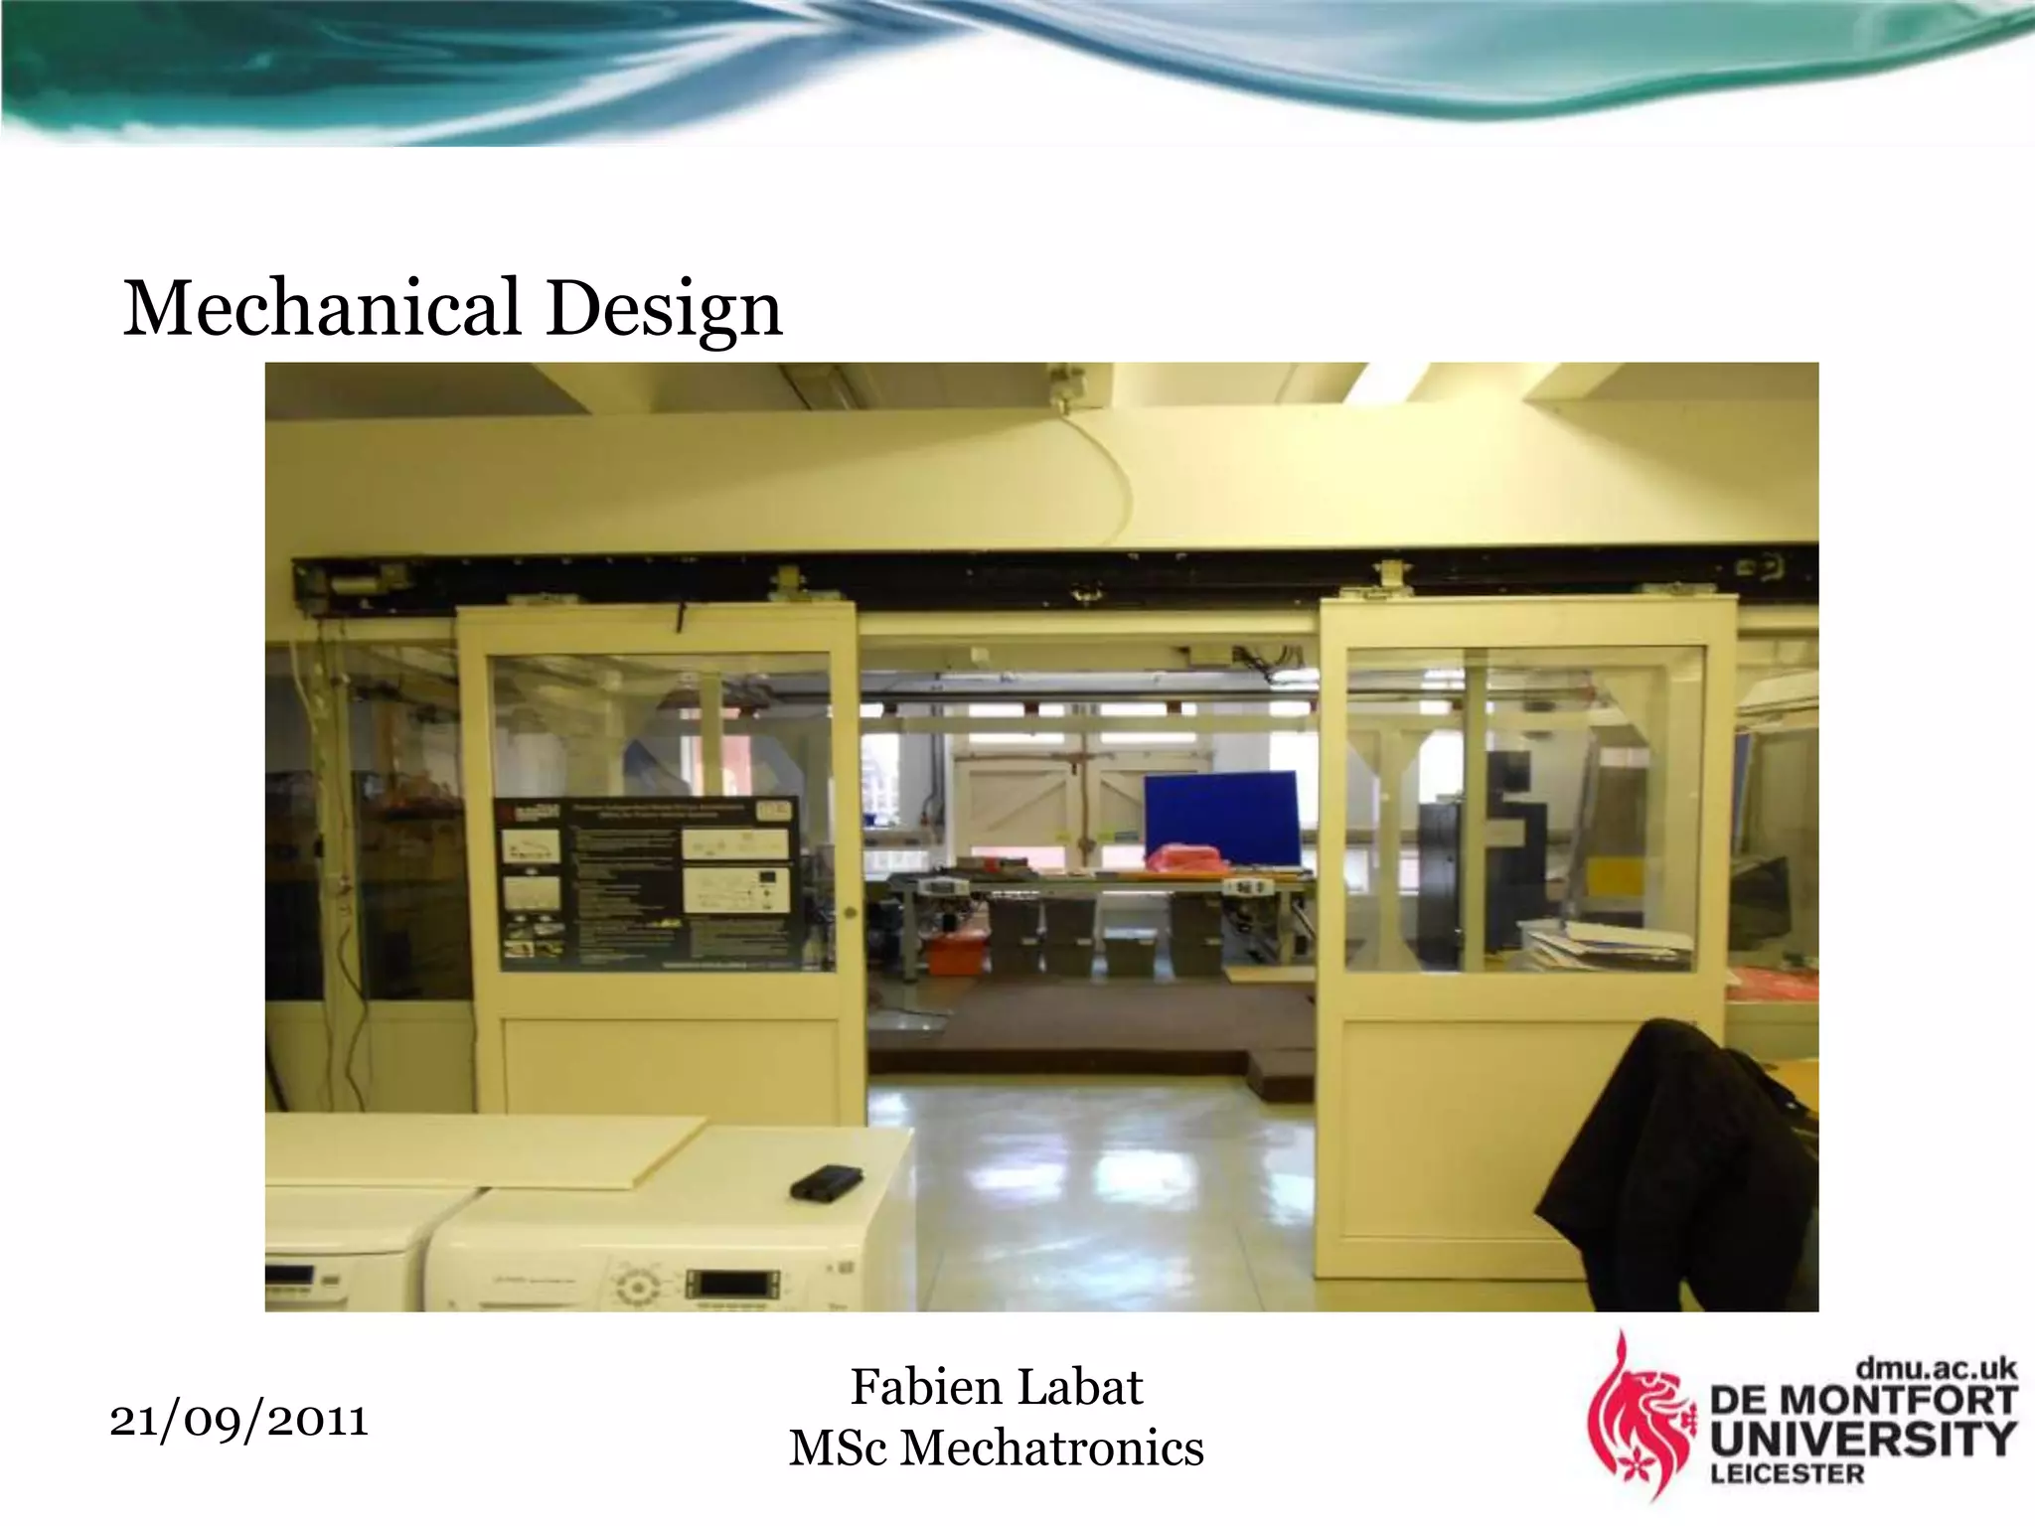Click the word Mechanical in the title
click(x=321, y=308)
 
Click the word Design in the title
click(x=664, y=310)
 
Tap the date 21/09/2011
click(x=238, y=1421)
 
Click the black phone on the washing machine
click(x=825, y=1181)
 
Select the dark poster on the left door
click(x=647, y=882)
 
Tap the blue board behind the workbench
click(x=1220, y=818)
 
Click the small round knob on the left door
click(x=850, y=912)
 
